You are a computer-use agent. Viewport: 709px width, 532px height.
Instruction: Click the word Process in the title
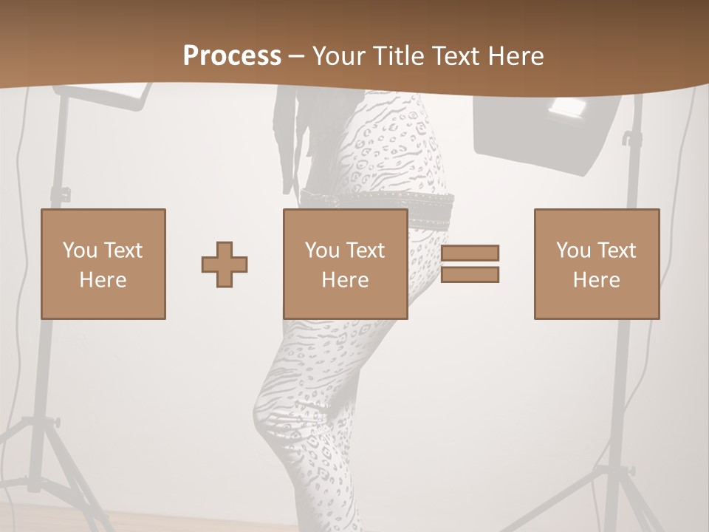coord(232,56)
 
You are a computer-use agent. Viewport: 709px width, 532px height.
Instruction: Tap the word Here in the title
coord(515,56)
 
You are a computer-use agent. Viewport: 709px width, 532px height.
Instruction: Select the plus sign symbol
coord(225,265)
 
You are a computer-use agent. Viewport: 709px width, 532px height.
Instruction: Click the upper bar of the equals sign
coord(470,253)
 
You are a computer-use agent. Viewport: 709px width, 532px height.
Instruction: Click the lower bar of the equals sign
coord(470,275)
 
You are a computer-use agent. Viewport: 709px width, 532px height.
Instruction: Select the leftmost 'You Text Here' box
coord(103,264)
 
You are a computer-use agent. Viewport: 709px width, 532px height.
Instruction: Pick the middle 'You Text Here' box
coord(346,264)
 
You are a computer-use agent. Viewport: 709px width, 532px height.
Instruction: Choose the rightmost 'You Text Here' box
coord(597,264)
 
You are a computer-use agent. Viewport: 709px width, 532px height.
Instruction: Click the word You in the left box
coord(79,250)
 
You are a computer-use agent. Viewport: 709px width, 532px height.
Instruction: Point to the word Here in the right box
coord(597,279)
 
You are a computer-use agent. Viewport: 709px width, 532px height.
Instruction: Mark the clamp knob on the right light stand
coord(627,139)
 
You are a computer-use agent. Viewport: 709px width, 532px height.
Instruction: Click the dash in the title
coord(297,56)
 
